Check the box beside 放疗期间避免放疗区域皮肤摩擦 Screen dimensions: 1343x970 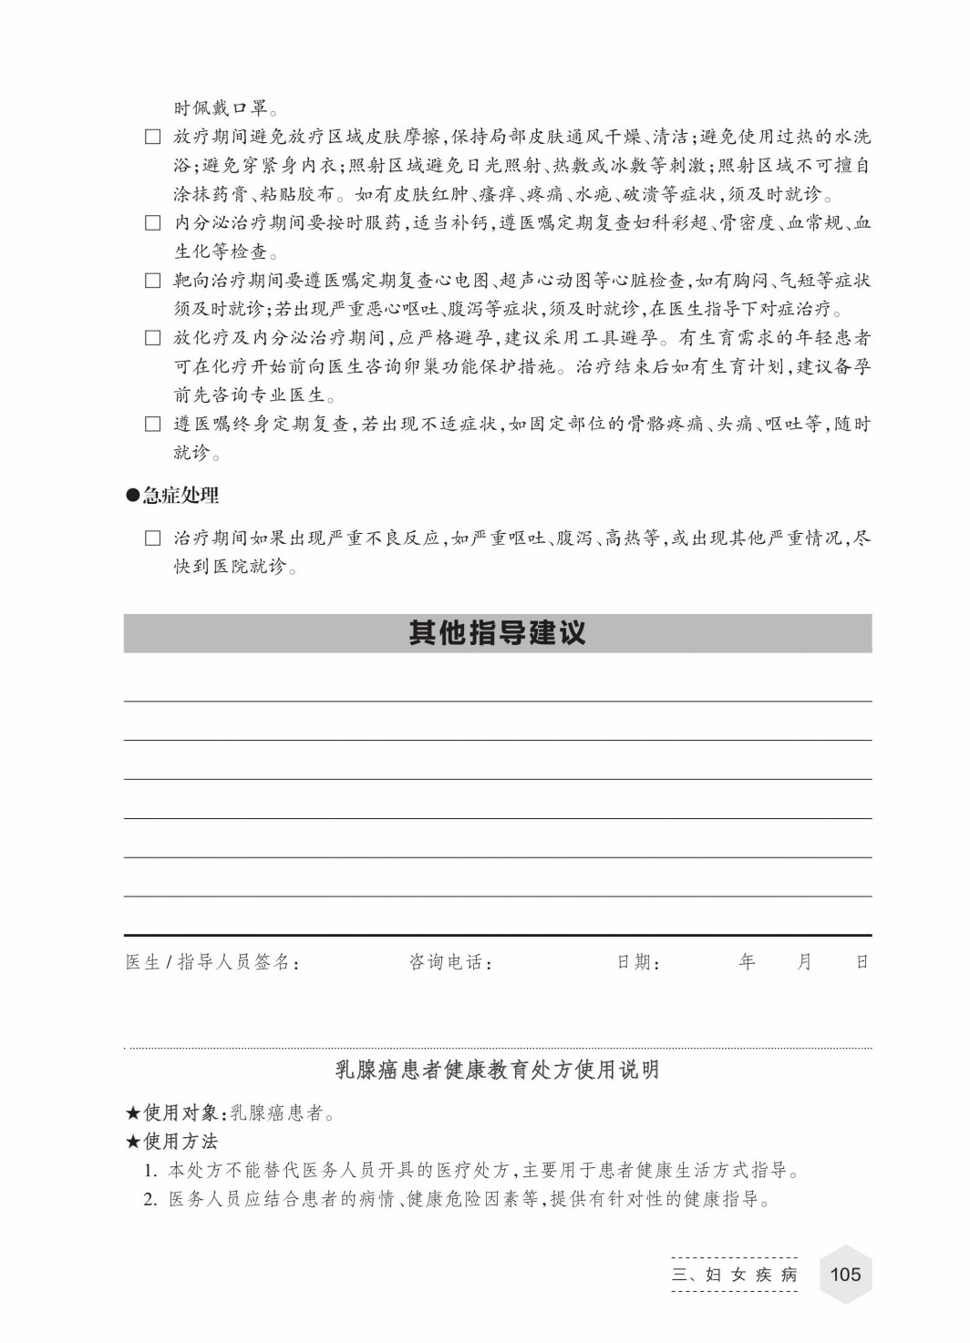pyautogui.click(x=153, y=138)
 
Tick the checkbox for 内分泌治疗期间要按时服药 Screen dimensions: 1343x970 pyautogui.click(x=153, y=223)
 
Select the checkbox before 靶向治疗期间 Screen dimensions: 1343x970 pyautogui.click(x=153, y=281)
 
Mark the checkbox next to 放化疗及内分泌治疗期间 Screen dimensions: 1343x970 pyautogui.click(x=153, y=338)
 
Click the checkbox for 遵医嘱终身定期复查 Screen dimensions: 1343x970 pyautogui.click(x=153, y=424)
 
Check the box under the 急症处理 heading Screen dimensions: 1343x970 pyautogui.click(x=153, y=538)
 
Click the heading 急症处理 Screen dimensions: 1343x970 pyautogui.click(x=173, y=496)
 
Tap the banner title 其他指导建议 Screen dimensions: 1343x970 pyautogui.click(x=497, y=633)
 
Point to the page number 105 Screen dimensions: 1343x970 pyautogui.click(x=845, y=1274)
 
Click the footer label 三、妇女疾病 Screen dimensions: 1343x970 pyautogui.click(x=734, y=1275)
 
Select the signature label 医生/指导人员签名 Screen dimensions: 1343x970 pyautogui.click(x=212, y=962)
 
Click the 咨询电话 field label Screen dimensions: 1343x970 pyautogui.click(x=449, y=962)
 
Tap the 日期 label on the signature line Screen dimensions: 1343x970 pyautogui.click(x=637, y=962)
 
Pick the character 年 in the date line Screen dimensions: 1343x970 pyautogui.click(x=748, y=961)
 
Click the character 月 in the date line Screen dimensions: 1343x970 pyautogui.click(x=804, y=961)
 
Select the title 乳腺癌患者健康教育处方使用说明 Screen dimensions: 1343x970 pyautogui.click(x=497, y=1070)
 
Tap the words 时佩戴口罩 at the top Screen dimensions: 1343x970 pyautogui.click(x=222, y=108)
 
